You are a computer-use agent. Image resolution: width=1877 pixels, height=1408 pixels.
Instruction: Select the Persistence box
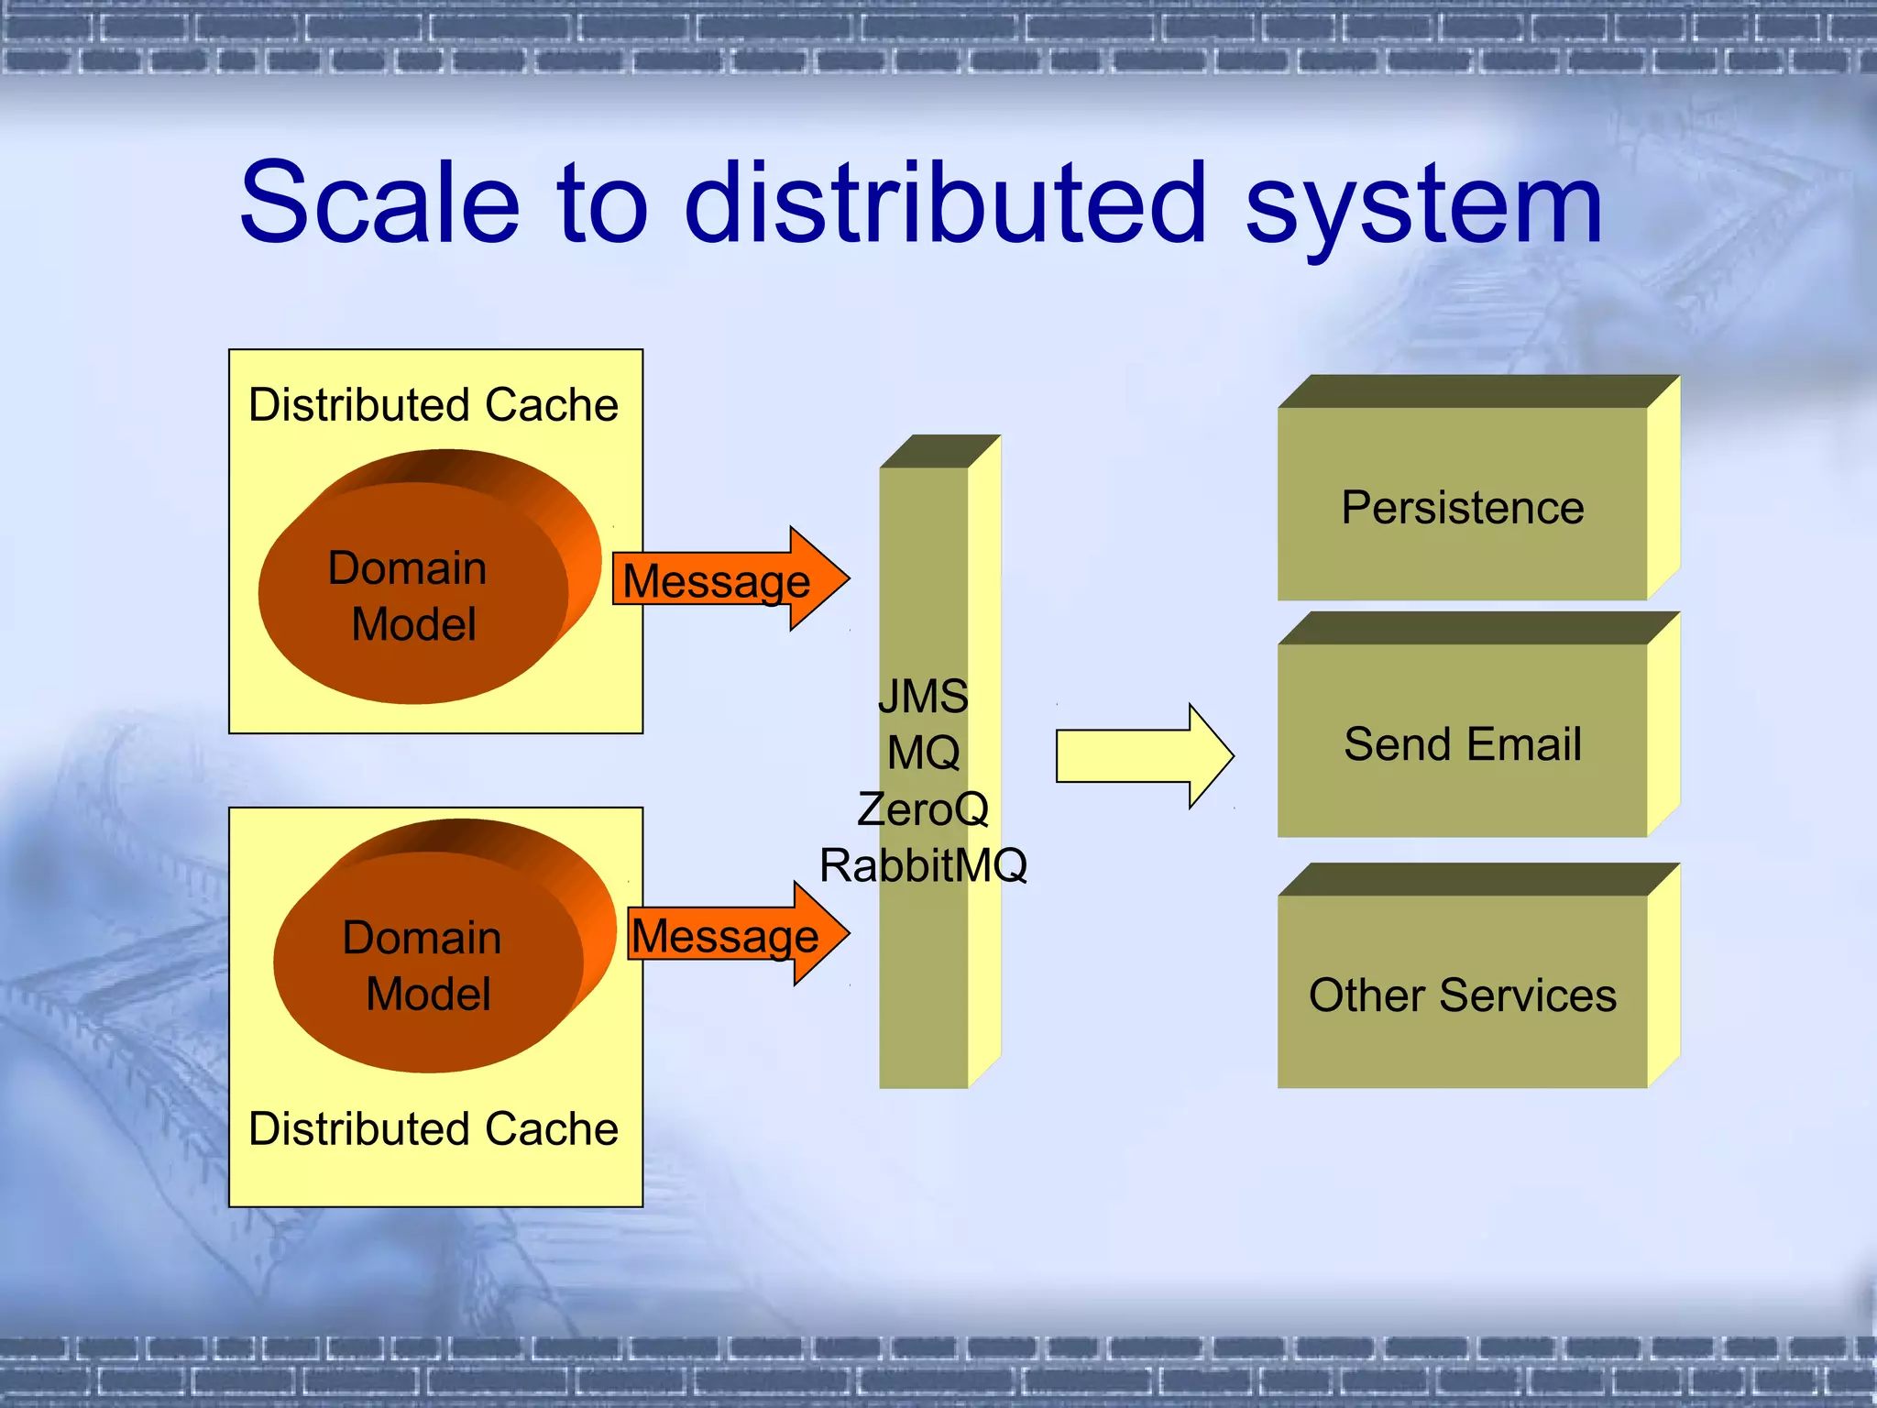(1462, 507)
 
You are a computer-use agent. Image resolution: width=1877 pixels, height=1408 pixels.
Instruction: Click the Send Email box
(1462, 743)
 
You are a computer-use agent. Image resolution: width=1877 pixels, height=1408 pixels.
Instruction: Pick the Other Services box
(1462, 995)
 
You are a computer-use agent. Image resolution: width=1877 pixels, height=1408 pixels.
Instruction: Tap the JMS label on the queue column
(923, 696)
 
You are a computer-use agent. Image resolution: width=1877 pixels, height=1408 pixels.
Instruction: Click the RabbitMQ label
(923, 865)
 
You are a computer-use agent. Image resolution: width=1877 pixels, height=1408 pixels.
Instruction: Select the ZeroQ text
(923, 809)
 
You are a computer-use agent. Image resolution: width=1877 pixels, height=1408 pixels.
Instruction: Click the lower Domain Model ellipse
(427, 964)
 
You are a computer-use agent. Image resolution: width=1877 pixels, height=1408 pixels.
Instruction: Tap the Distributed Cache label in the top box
(434, 404)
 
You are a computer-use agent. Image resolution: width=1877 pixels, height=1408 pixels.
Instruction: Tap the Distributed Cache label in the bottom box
(434, 1128)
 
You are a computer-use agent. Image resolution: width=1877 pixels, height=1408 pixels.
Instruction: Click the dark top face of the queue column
(939, 451)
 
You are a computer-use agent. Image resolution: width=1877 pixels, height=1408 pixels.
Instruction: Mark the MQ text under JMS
(923, 753)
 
